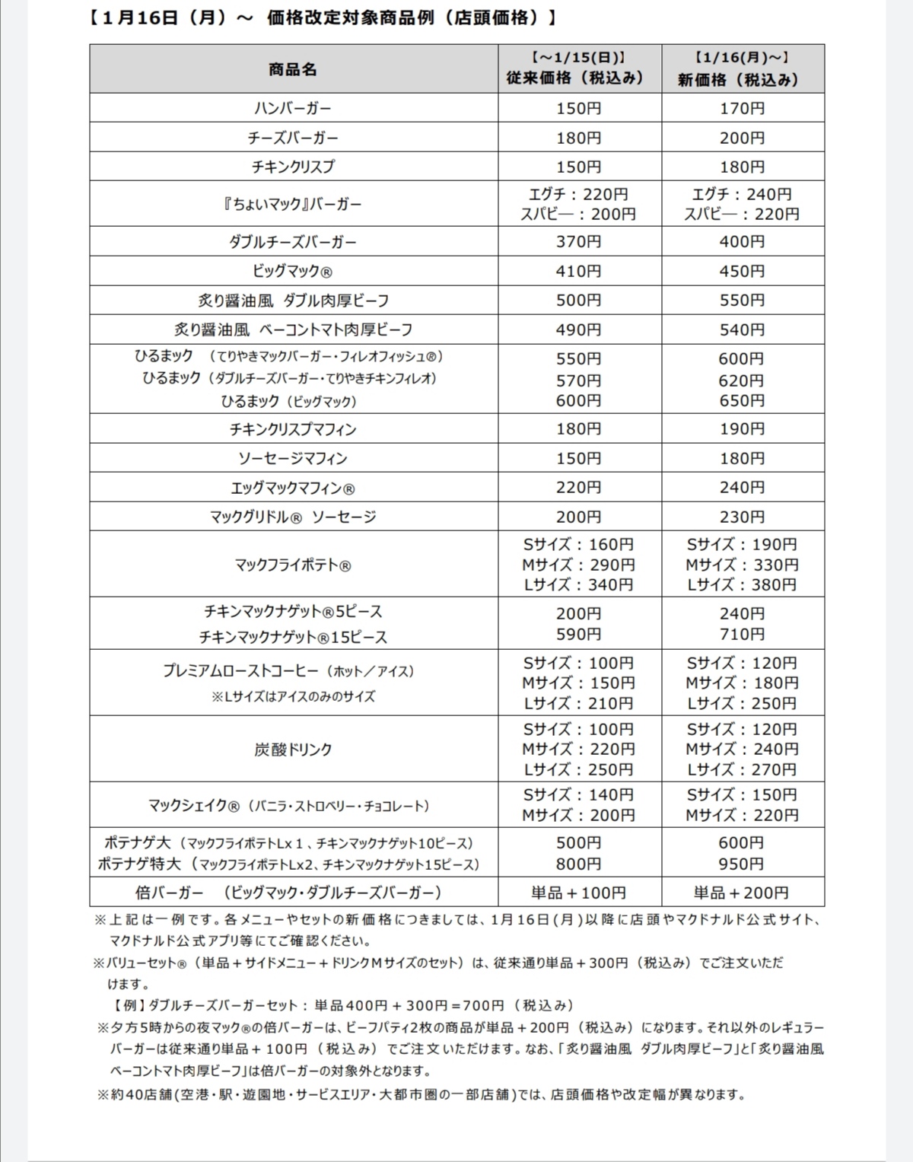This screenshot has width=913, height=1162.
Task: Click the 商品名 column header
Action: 293,69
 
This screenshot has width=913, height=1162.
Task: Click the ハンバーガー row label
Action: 293,108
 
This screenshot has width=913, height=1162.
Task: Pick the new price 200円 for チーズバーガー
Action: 742,138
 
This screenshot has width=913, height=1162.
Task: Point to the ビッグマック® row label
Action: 293,271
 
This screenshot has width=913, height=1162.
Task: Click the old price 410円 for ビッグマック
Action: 578,271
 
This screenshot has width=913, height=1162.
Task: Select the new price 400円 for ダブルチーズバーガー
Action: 742,242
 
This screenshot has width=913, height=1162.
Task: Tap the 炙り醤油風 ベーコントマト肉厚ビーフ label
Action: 293,329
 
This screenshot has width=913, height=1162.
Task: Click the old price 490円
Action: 578,329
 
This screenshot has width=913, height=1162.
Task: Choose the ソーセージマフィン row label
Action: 293,458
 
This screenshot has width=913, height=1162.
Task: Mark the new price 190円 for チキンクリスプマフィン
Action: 742,429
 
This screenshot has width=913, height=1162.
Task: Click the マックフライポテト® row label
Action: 293,565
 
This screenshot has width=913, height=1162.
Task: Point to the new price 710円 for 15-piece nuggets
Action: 742,634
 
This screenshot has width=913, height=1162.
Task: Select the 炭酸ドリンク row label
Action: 293,750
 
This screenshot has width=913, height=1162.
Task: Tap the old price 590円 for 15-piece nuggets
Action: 578,634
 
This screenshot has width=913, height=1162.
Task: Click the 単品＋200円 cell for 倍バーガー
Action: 742,893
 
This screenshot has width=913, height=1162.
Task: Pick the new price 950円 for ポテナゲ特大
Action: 742,864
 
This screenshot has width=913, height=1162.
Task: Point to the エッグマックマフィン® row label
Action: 293,488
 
